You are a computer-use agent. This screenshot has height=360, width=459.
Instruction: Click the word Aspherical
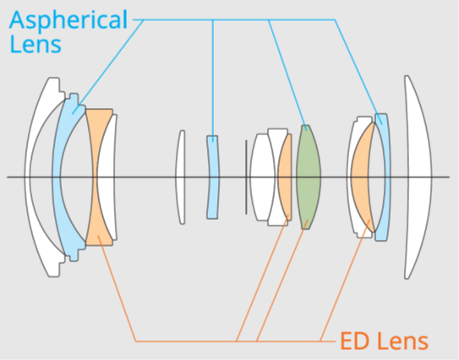tap(68, 19)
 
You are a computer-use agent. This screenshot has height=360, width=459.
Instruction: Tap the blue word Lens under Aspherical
tap(36, 44)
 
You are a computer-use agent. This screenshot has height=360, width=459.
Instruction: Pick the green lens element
tap(309, 177)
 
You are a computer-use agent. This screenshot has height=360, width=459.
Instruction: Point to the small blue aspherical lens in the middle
tap(213, 177)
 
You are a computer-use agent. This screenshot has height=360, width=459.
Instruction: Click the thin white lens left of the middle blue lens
tap(180, 177)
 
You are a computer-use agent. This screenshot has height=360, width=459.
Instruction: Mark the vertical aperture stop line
tap(246, 177)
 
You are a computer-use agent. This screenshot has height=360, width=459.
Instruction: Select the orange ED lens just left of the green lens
tap(286, 177)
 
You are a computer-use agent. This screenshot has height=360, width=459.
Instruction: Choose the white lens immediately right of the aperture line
tap(262, 177)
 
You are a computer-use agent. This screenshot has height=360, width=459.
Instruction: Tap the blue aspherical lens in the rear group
tap(385, 177)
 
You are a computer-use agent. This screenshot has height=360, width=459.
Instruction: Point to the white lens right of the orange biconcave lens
tap(107, 177)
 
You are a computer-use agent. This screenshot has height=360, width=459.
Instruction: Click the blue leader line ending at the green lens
tap(287, 75)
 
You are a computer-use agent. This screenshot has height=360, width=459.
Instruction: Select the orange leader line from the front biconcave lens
tap(117, 288)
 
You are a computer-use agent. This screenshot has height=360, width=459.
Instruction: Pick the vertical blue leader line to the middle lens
tap(213, 80)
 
